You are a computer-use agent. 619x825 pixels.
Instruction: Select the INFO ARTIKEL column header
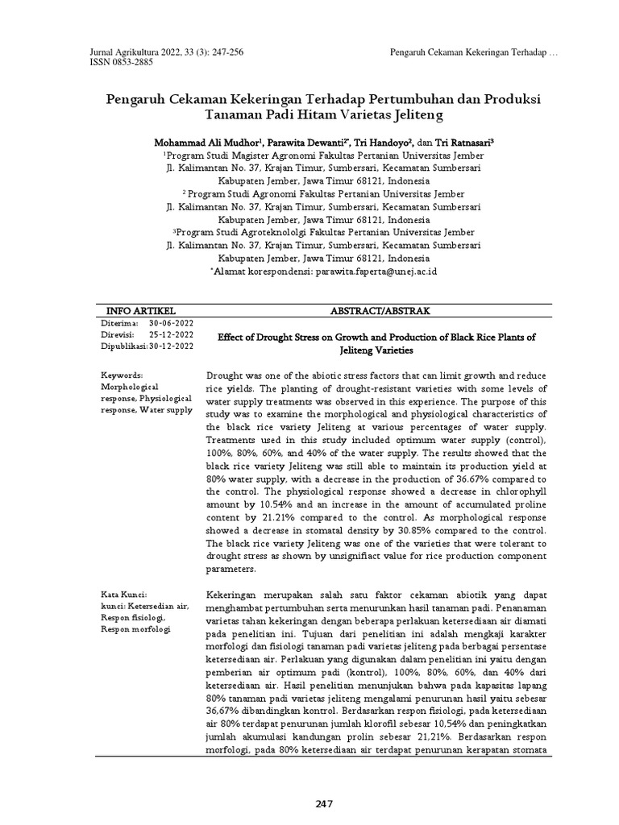pyautogui.click(x=142, y=310)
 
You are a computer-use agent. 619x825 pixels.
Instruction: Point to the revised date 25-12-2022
pyautogui.click(x=171, y=334)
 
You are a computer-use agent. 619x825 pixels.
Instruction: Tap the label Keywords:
pyautogui.click(x=122, y=376)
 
